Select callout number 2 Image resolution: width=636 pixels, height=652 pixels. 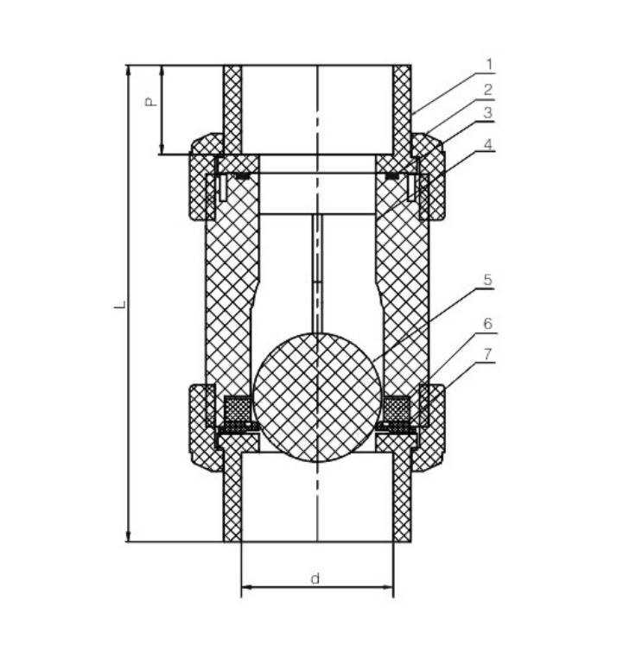pyautogui.click(x=489, y=89)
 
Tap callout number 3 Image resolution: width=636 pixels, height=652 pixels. pyautogui.click(x=489, y=113)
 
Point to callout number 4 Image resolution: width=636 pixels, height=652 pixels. pyautogui.click(x=489, y=145)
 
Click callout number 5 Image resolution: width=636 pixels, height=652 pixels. pyautogui.click(x=488, y=280)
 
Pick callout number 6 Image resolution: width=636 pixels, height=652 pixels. pyautogui.click(x=488, y=324)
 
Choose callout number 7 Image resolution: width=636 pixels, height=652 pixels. pyautogui.click(x=488, y=354)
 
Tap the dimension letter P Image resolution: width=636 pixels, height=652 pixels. pyautogui.click(x=149, y=102)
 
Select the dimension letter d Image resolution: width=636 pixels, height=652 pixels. pyautogui.click(x=315, y=579)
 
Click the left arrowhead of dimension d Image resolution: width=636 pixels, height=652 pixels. pyautogui.click(x=245, y=589)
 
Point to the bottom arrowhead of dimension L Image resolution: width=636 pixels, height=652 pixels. pyautogui.click(x=130, y=536)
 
